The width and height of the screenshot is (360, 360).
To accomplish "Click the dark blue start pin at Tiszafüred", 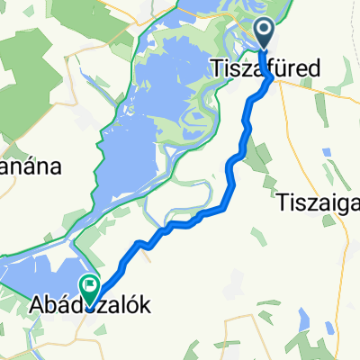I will coord(266,33).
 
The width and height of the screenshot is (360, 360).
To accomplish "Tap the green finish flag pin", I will coord(91,287).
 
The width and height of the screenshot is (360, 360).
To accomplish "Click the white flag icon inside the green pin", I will coord(91,285).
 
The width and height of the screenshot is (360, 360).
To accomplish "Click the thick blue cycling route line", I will coord(231,180).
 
